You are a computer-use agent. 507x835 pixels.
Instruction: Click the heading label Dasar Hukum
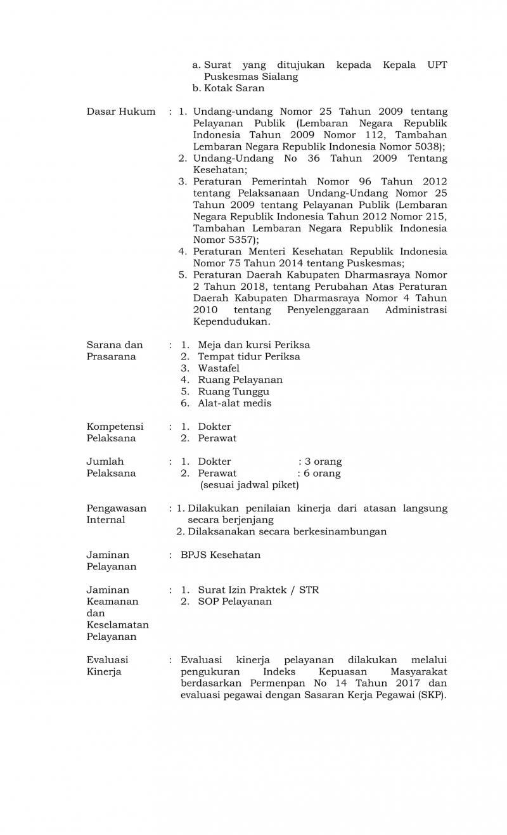click(120, 112)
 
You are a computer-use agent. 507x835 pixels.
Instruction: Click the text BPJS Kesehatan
click(221, 555)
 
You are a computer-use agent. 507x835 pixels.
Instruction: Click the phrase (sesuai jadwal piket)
click(250, 485)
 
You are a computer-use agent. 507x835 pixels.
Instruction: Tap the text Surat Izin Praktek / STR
click(258, 590)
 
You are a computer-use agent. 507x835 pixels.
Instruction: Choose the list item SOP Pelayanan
click(234, 602)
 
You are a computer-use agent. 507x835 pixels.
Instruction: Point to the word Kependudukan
click(231, 322)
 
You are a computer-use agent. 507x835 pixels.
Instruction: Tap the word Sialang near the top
click(278, 77)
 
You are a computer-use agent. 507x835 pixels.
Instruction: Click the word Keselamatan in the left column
click(118, 625)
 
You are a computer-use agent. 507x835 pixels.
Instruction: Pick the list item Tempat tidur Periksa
click(249, 356)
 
